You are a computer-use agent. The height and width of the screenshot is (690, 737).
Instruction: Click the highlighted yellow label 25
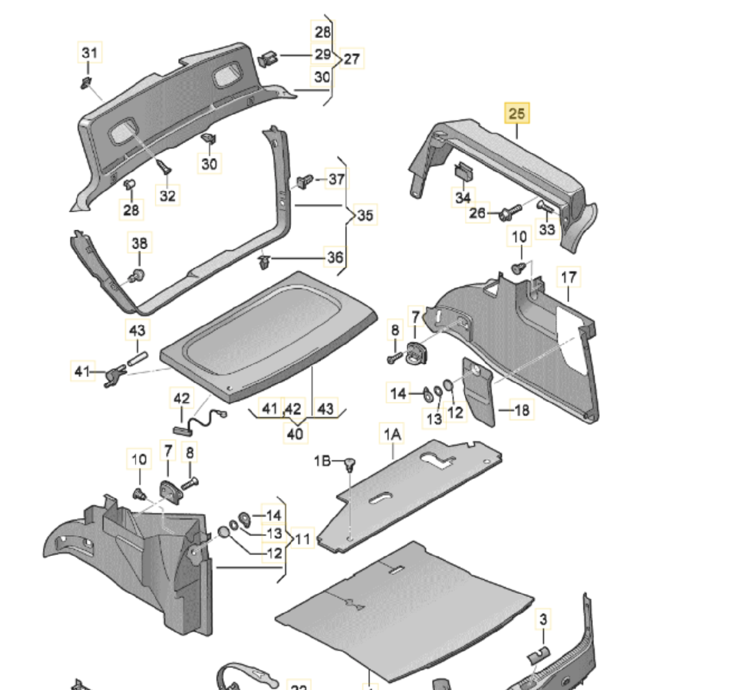[x=516, y=113]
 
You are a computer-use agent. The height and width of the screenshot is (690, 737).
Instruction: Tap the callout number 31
[x=89, y=54]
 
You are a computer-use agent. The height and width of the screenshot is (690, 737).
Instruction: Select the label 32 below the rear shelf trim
[x=168, y=195]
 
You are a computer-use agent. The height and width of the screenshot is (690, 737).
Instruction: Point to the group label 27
[x=351, y=59]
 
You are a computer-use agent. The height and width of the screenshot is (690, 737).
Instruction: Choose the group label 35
[x=365, y=215]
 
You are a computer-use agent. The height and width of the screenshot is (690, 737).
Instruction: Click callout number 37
[x=336, y=179]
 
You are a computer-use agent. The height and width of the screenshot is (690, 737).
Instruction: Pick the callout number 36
[x=335, y=257]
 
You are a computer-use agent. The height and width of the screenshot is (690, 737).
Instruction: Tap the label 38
[x=139, y=244]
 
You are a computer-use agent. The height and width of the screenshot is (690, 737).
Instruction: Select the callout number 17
[x=568, y=277]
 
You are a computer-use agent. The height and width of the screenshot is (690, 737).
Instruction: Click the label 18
[x=521, y=410]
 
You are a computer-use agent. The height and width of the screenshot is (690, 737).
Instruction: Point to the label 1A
[x=392, y=434]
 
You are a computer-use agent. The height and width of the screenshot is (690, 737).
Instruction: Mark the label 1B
[x=322, y=461]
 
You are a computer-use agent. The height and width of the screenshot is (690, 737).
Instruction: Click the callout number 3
[x=543, y=620]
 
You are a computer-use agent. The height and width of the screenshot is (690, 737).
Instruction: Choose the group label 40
[x=294, y=433]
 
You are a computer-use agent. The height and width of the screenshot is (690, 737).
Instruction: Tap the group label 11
[x=302, y=539]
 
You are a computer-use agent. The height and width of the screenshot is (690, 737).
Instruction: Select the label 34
[x=463, y=198]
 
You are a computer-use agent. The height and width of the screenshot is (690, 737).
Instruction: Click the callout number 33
[x=546, y=229]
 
